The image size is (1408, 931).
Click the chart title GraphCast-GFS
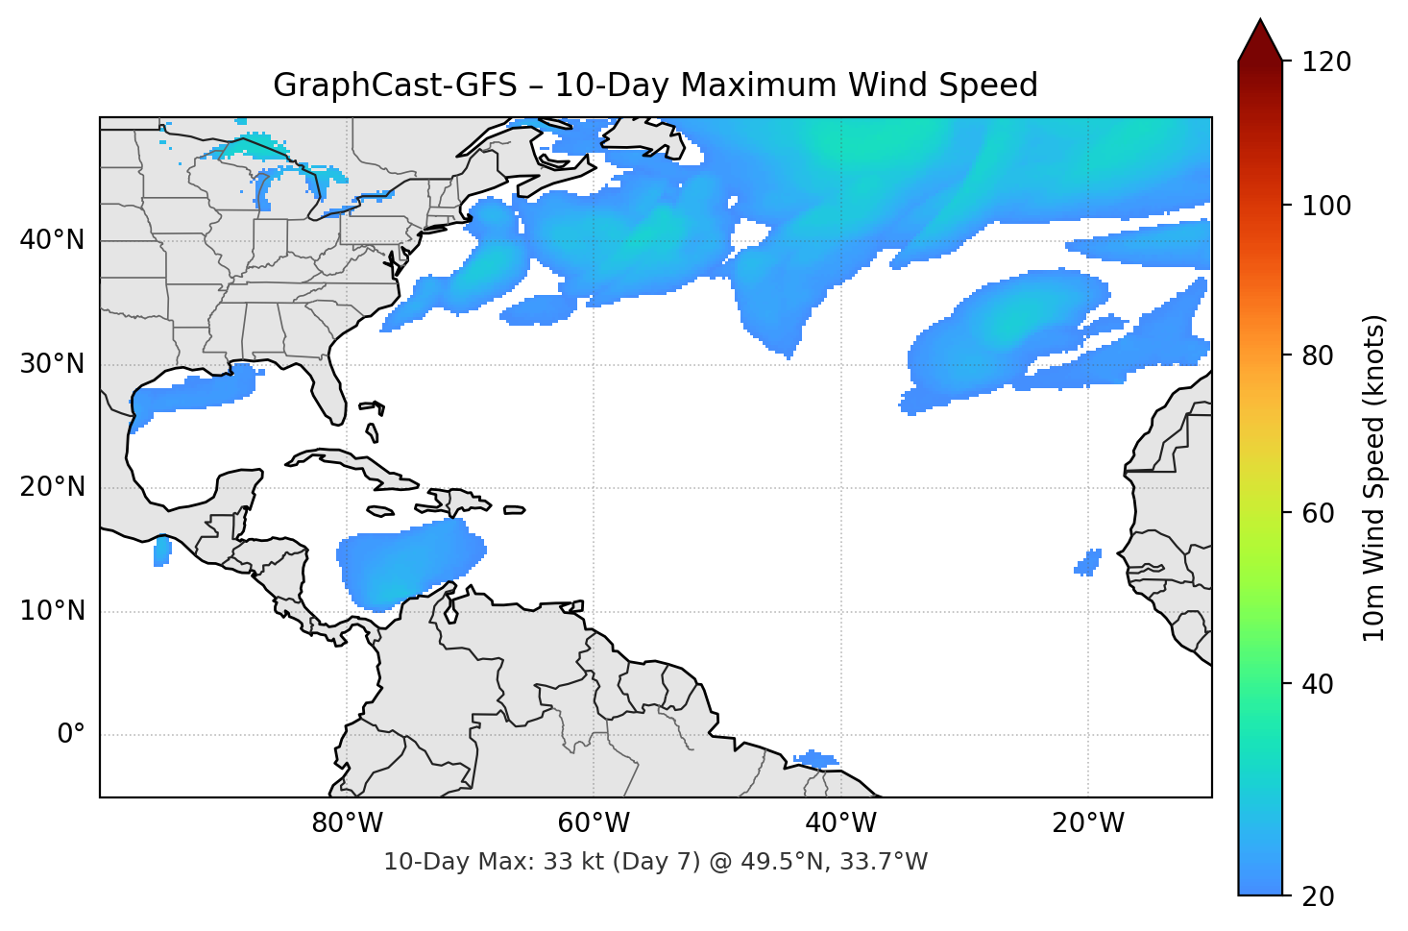click(655, 86)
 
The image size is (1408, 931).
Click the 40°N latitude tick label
click(52, 240)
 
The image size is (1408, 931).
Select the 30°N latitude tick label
click(52, 364)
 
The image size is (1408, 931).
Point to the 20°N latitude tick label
click(52, 487)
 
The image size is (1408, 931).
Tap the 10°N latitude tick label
click(52, 611)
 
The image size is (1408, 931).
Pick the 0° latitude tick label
click(71, 735)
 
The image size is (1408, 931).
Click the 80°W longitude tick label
click(347, 823)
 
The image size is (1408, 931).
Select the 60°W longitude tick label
click(594, 823)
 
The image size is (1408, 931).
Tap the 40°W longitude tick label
click(840, 823)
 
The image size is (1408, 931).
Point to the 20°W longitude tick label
click(1087, 823)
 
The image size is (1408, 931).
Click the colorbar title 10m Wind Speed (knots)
click(1375, 478)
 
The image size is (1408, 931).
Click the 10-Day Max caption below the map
click(655, 862)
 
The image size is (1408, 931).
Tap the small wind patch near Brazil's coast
click(816, 759)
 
